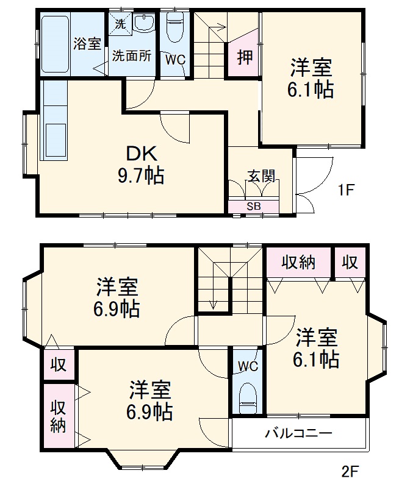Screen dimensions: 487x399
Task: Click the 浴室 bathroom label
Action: click(87, 44)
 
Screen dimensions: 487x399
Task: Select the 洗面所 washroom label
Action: click(131, 55)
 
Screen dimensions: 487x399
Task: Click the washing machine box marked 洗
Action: click(120, 24)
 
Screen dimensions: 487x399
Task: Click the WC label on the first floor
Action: click(176, 60)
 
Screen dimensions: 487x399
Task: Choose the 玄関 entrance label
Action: click(262, 176)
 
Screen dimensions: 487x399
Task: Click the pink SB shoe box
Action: click(254, 207)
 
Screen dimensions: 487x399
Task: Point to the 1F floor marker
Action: click(346, 190)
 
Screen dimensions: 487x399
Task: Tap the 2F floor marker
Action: click(350, 471)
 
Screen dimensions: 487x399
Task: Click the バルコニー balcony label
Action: click(298, 434)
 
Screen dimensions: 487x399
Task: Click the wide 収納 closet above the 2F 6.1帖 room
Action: click(298, 263)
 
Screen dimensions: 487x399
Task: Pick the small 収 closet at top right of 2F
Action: click(350, 263)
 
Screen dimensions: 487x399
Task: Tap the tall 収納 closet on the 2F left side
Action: click(58, 416)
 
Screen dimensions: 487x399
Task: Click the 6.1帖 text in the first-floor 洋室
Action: click(311, 90)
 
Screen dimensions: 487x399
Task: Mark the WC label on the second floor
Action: click(248, 366)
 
